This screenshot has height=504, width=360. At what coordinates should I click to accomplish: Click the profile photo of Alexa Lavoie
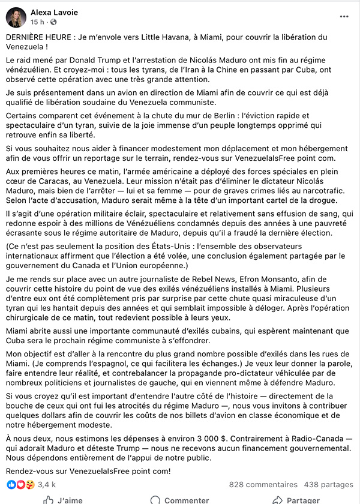click(16, 17)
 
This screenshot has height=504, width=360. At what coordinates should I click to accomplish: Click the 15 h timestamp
click(37, 22)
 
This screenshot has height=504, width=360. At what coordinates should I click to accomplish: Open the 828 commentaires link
click(263, 484)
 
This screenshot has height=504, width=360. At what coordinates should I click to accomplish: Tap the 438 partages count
click(329, 484)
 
